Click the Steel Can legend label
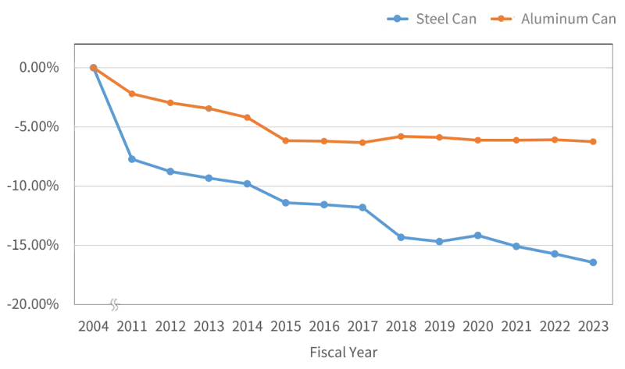(x=443, y=19)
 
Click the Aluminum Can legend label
(x=568, y=19)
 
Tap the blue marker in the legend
(x=398, y=19)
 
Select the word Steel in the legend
(x=429, y=19)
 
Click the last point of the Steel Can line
(x=595, y=262)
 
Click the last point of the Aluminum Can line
(x=595, y=142)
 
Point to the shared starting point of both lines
(x=94, y=68)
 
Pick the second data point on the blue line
(x=132, y=159)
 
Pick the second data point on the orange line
(x=132, y=94)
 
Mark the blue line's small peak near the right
(x=478, y=234)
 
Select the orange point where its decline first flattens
(x=287, y=141)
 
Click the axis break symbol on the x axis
(x=115, y=303)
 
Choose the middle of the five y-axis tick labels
(x=37, y=186)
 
